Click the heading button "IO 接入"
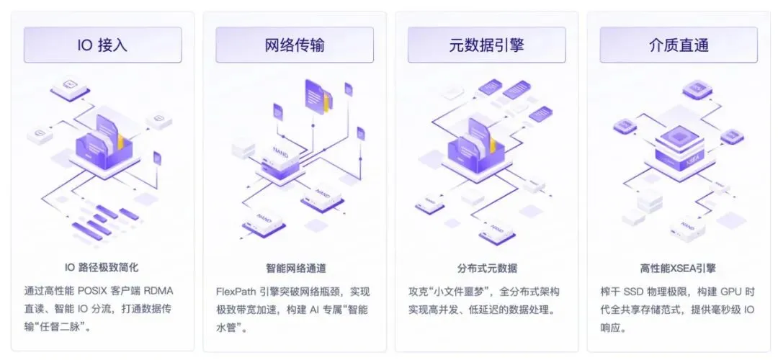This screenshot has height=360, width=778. tap(102, 45)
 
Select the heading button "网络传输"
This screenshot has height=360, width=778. tap(295, 45)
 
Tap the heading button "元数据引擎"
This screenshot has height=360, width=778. tap(486, 45)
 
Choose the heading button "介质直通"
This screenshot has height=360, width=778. tap(679, 45)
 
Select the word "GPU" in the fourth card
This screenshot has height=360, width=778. tap(727, 292)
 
